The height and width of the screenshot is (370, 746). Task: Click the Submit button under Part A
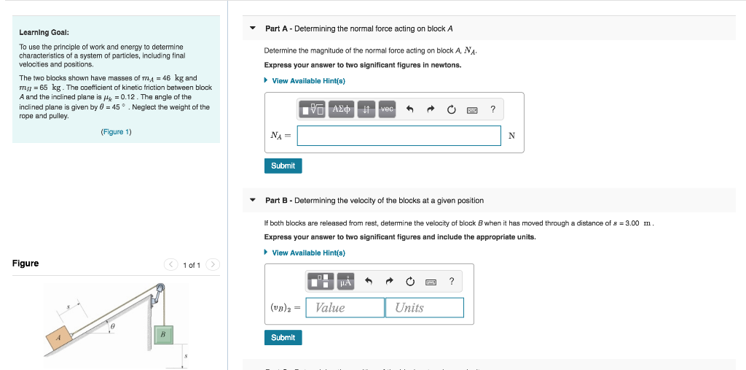tap(283, 166)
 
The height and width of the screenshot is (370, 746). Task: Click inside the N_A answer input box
tap(398, 136)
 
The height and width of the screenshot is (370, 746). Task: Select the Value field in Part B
tap(345, 308)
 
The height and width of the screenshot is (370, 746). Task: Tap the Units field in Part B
tap(424, 308)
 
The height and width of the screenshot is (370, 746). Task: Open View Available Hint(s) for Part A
tap(308, 81)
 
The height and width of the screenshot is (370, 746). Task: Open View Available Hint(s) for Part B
tap(308, 253)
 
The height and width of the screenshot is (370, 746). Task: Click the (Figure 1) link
tap(116, 132)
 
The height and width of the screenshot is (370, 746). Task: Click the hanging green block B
tap(163, 334)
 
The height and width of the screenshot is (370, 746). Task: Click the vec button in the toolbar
tap(387, 109)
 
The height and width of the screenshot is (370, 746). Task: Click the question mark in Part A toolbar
tap(493, 109)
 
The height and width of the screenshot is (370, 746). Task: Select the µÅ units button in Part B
tap(345, 282)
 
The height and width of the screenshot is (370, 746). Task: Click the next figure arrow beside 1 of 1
tap(213, 264)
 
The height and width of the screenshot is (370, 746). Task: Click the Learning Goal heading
tap(44, 33)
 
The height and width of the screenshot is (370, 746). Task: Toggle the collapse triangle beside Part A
tap(252, 29)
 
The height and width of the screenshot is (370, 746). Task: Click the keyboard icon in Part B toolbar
tap(431, 282)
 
